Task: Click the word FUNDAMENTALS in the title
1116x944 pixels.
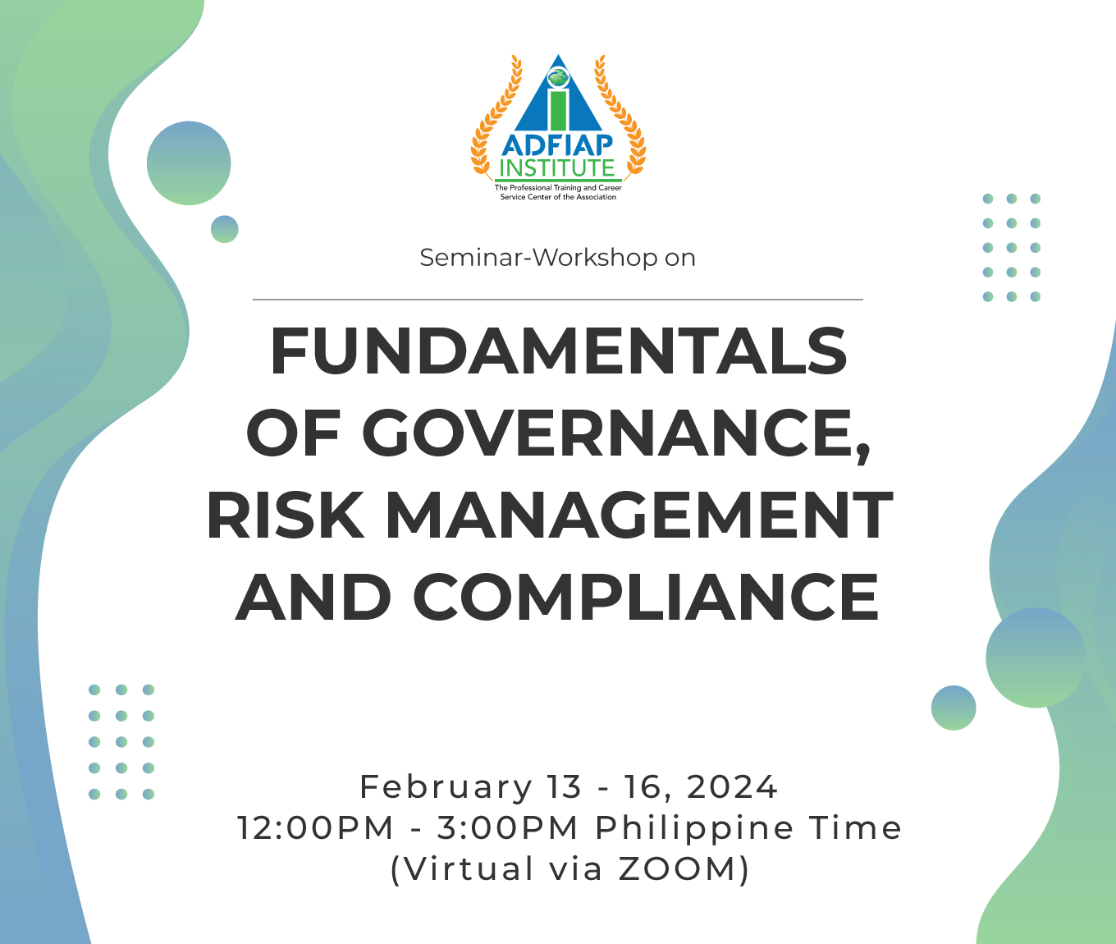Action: coord(558,351)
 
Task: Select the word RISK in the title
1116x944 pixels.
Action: coord(285,514)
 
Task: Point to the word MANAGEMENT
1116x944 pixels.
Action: coord(638,514)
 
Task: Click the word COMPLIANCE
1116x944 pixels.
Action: coord(646,596)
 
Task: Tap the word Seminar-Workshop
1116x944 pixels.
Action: coord(538,258)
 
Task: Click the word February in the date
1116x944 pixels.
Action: coord(446,787)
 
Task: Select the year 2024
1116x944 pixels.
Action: coord(732,786)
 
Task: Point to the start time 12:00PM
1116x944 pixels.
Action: coord(315,828)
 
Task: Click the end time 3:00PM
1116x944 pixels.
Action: coord(507,828)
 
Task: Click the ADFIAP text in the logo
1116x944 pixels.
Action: coord(558,144)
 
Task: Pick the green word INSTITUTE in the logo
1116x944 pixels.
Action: coord(558,168)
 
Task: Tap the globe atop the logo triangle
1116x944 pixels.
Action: coord(558,77)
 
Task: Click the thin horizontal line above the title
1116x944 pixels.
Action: coord(558,299)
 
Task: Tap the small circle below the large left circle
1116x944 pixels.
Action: coord(225,229)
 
